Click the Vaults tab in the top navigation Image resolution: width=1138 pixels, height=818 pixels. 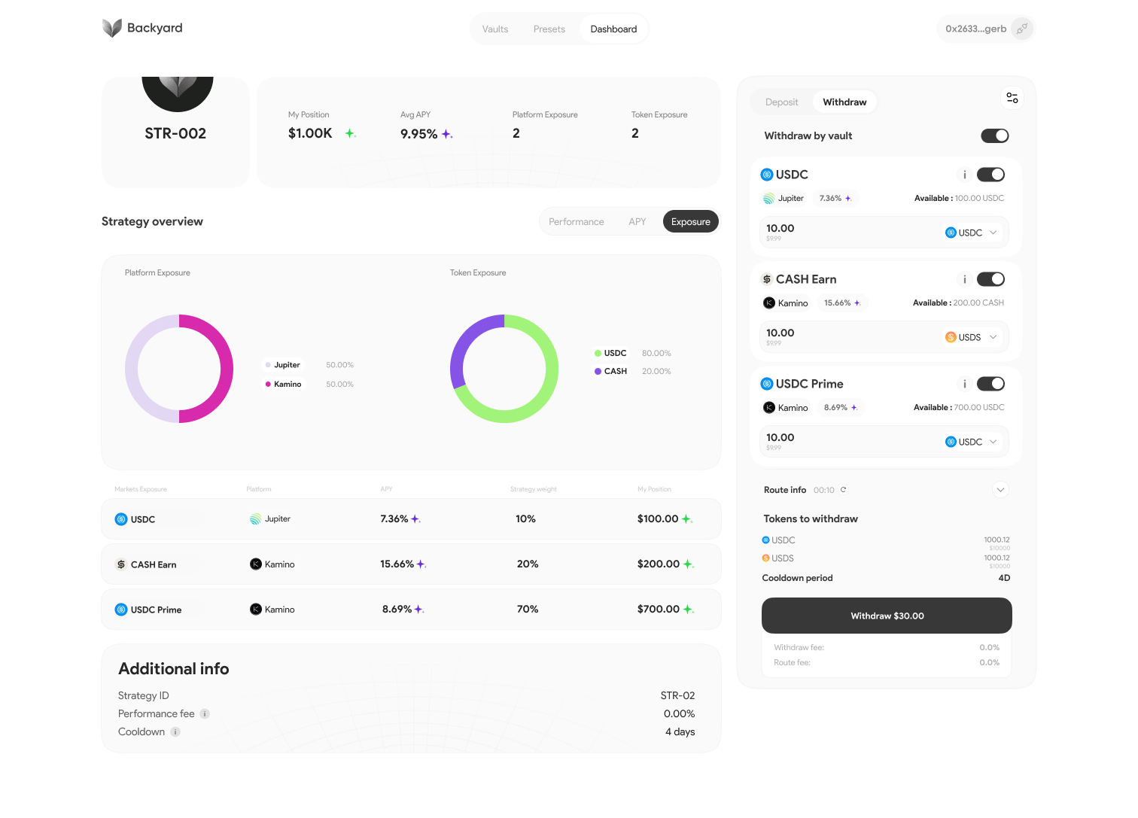click(495, 29)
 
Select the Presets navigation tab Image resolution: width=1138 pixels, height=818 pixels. click(549, 29)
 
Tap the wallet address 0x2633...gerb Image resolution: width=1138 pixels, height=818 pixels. click(976, 29)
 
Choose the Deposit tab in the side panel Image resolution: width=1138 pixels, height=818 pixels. click(781, 102)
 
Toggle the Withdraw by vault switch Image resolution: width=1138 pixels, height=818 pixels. click(994, 135)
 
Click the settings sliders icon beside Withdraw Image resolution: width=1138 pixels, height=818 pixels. click(1012, 98)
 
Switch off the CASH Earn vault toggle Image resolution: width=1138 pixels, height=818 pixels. click(990, 279)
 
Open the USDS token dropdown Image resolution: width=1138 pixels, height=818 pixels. click(971, 337)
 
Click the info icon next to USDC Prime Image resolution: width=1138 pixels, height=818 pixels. click(965, 384)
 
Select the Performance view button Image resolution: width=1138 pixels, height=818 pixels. click(576, 222)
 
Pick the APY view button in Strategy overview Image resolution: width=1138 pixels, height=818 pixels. click(637, 222)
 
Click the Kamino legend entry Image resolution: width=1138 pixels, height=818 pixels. click(284, 385)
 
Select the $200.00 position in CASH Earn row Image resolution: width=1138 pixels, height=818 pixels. click(659, 564)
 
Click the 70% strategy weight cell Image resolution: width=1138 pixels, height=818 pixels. click(528, 610)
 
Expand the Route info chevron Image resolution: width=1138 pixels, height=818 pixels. click(1000, 490)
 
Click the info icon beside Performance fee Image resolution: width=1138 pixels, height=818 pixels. click(205, 714)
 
